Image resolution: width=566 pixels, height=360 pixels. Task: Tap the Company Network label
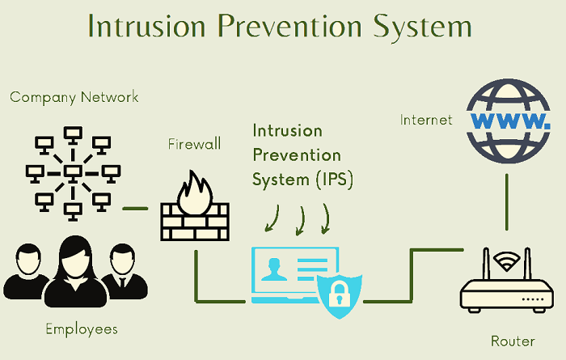point(74,98)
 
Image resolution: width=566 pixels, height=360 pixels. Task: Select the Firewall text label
point(194,145)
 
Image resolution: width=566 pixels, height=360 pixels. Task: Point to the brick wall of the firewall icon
point(193,222)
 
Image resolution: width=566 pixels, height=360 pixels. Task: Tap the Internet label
point(426,121)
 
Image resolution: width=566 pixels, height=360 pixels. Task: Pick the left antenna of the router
point(486,264)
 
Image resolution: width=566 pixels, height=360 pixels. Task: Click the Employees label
point(81,329)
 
